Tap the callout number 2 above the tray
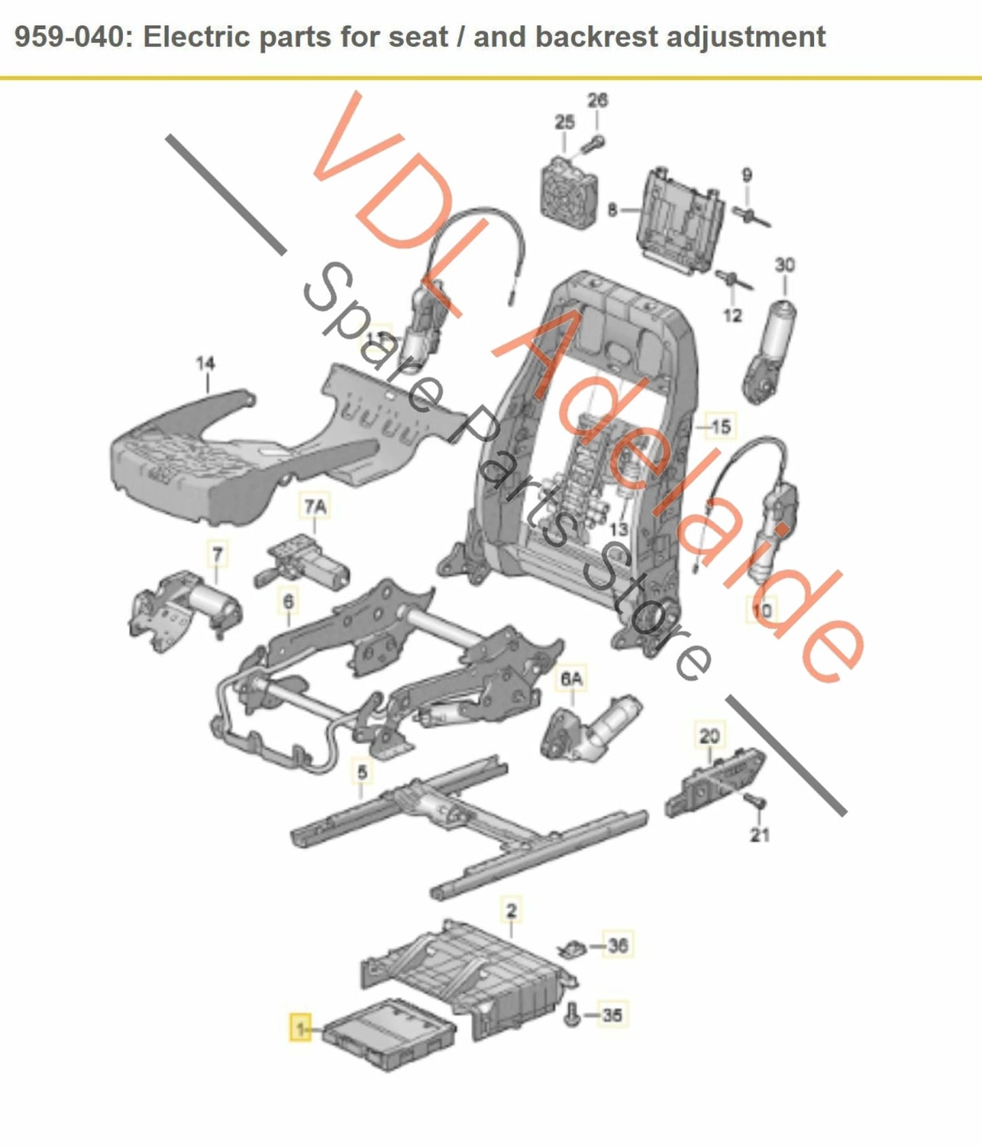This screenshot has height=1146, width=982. pos(511,910)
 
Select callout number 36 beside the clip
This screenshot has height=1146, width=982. pos(617,945)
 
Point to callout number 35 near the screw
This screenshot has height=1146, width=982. pos(612,1015)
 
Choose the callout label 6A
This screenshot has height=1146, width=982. pos(572,679)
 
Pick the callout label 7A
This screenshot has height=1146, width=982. pos(315,507)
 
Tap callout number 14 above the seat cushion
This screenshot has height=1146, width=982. pos(205,364)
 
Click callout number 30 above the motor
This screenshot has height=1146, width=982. pos(784,265)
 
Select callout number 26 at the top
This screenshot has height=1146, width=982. pos(597,101)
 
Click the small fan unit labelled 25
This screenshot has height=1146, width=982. pos(568,190)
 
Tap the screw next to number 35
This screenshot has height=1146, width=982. pos(572,1015)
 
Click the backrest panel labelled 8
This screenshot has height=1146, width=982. pos(680,218)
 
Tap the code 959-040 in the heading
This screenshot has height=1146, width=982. pos(70,37)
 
